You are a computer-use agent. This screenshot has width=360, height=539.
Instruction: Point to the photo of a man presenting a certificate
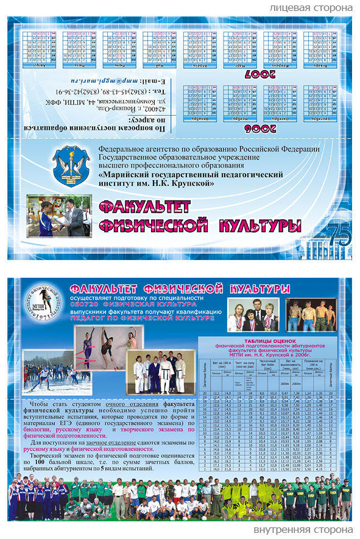click(60, 216)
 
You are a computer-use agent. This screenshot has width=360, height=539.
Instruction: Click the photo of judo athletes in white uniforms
click(161, 372)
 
